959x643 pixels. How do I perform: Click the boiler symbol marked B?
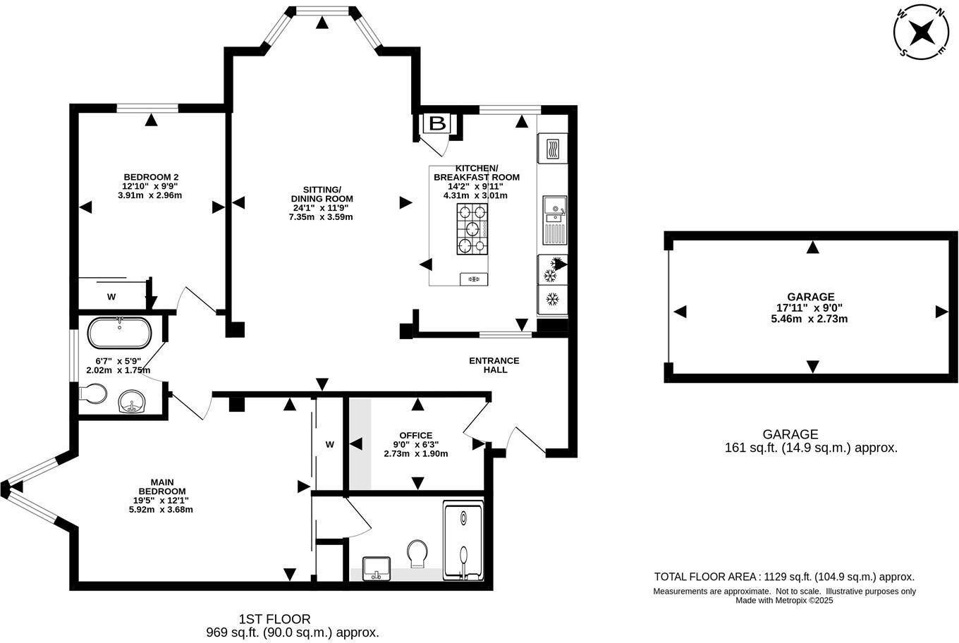pyautogui.click(x=437, y=124)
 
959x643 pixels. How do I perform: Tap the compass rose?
pyautogui.click(x=921, y=32)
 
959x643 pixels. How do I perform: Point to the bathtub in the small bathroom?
pyautogui.click(x=118, y=333)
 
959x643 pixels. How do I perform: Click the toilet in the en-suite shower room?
pyautogui.click(x=417, y=552)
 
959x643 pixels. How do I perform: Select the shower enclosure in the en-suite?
pyautogui.click(x=463, y=541)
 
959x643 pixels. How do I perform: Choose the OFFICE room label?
pyautogui.click(x=415, y=435)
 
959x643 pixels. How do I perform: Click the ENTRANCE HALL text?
pyautogui.click(x=494, y=365)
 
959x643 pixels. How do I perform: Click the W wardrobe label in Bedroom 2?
pyautogui.click(x=111, y=297)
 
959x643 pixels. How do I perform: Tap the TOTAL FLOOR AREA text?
pyautogui.click(x=784, y=577)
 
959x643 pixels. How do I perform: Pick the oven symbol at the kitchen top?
pyautogui.click(x=551, y=149)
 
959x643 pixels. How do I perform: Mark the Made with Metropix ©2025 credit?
pyautogui.click(x=784, y=601)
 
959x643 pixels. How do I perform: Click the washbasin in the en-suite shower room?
pyautogui.click(x=377, y=568)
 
